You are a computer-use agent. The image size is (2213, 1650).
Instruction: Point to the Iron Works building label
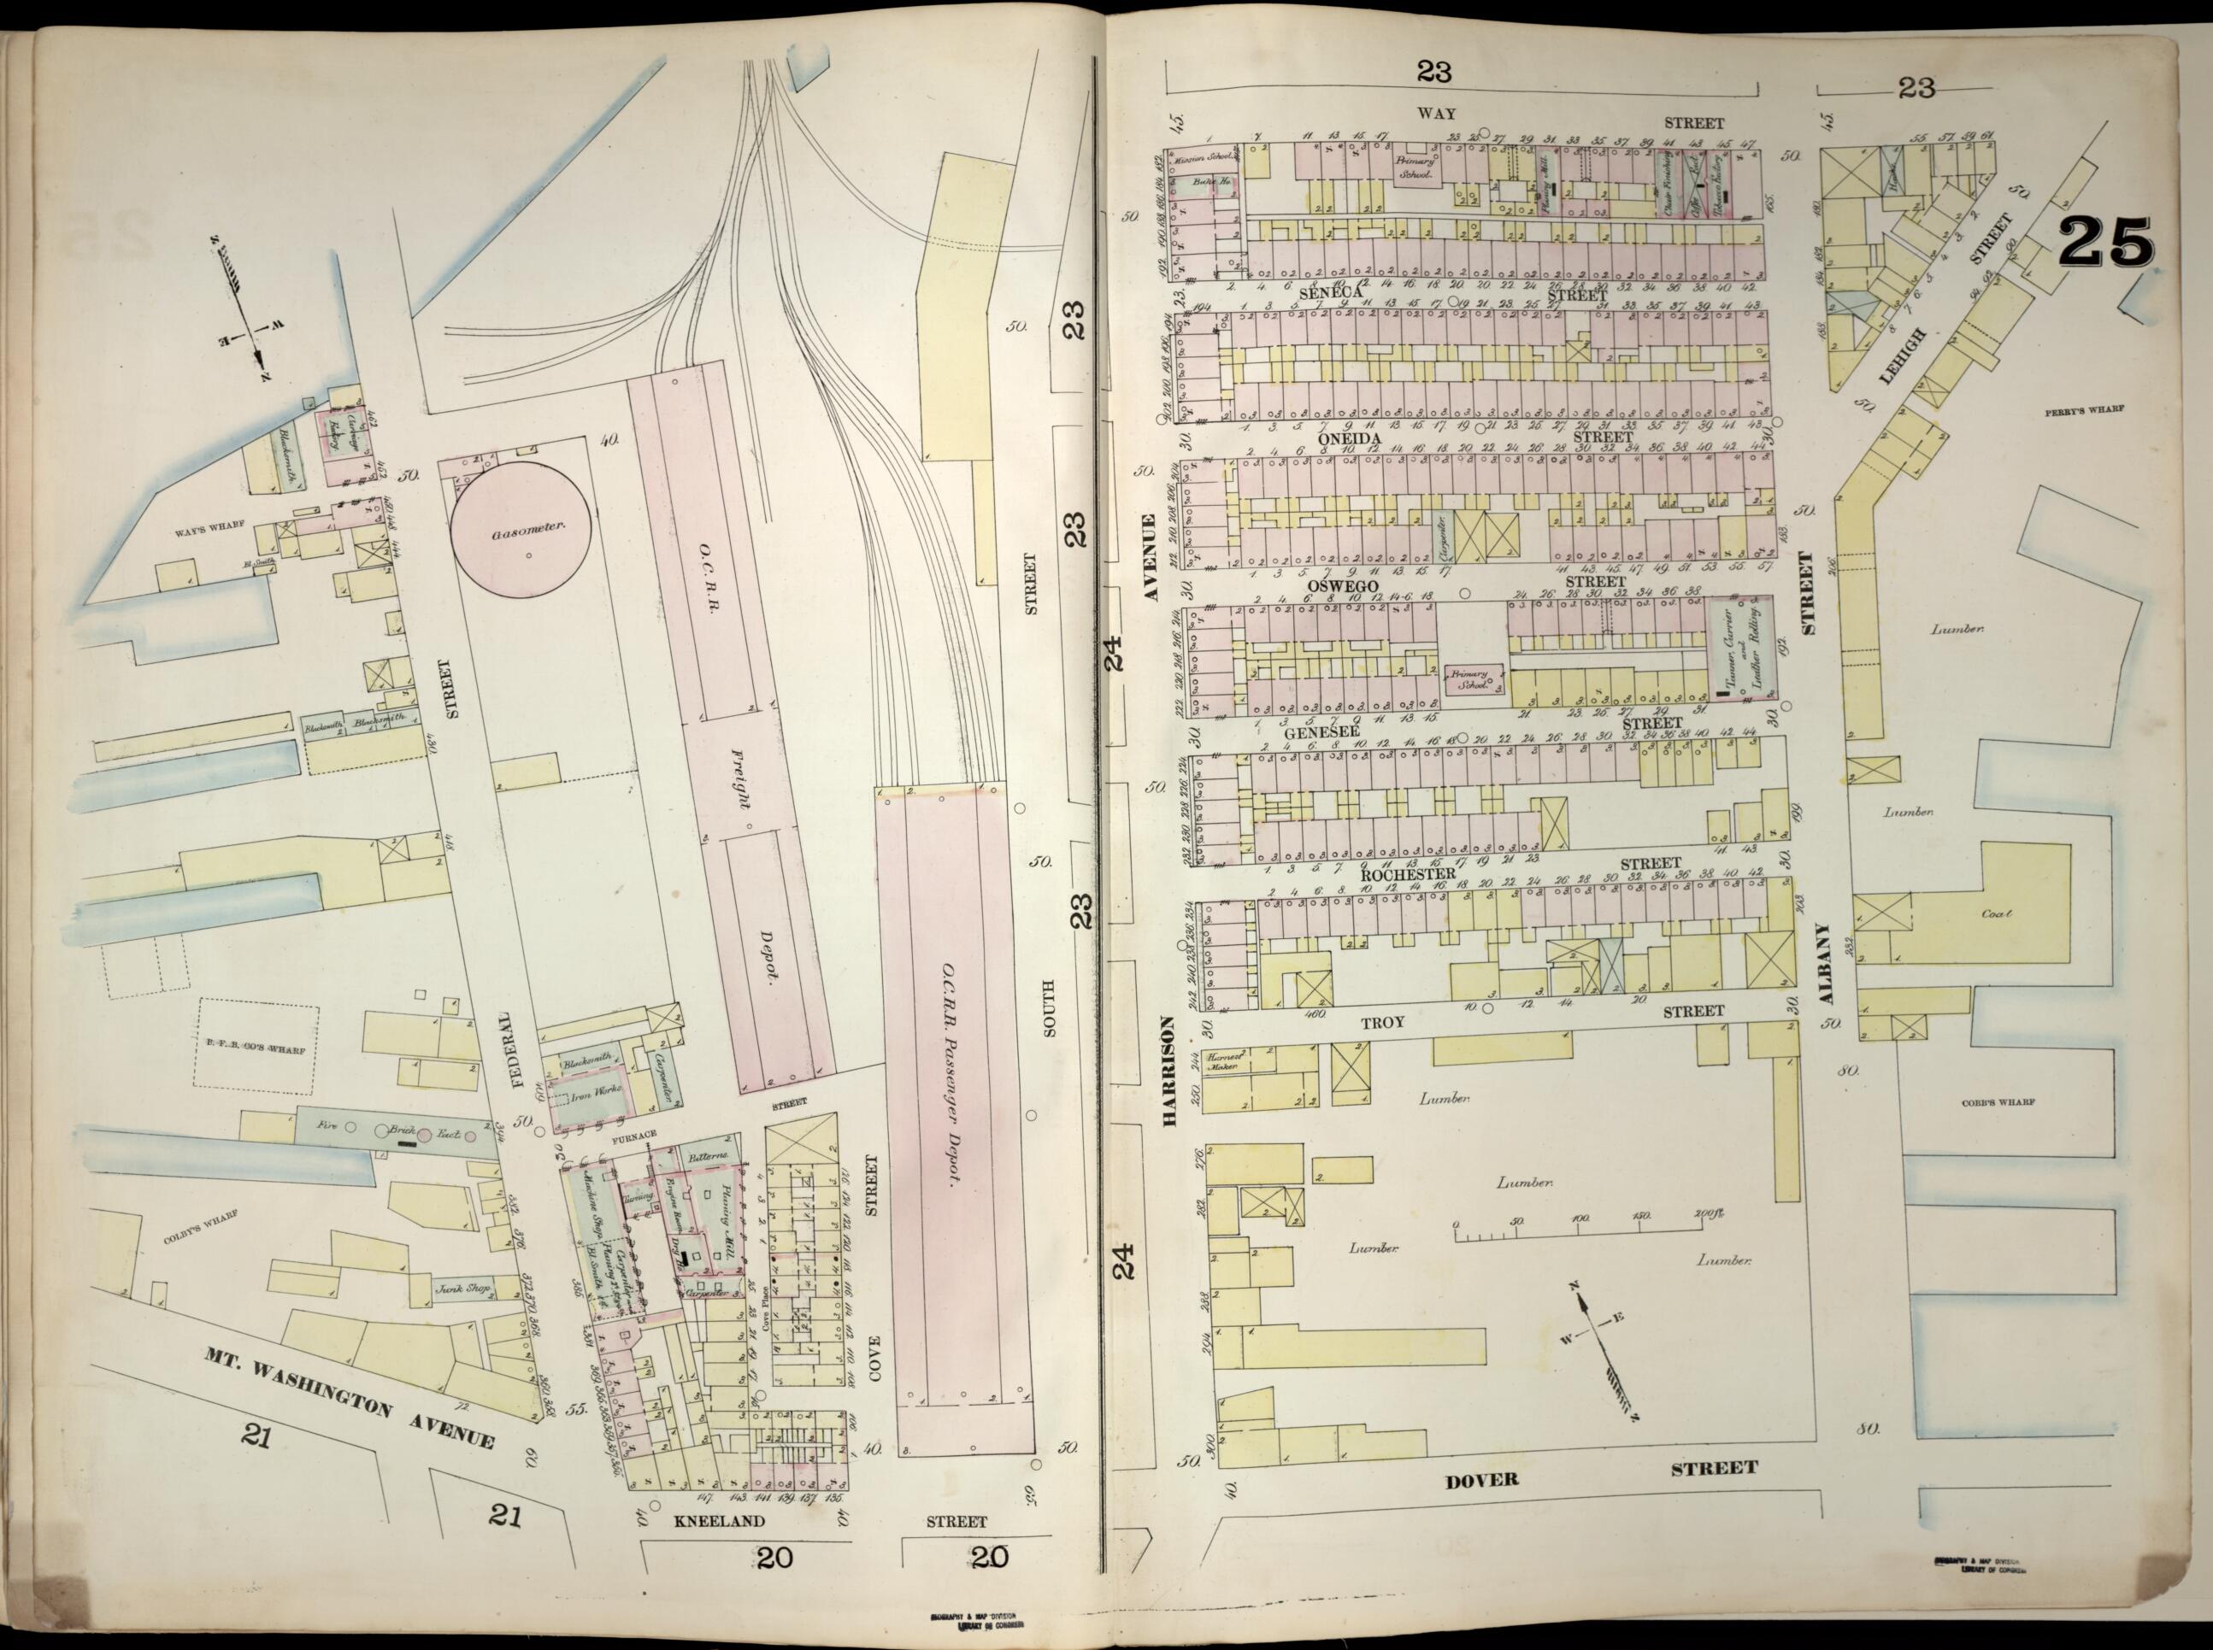click(x=596, y=1095)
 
